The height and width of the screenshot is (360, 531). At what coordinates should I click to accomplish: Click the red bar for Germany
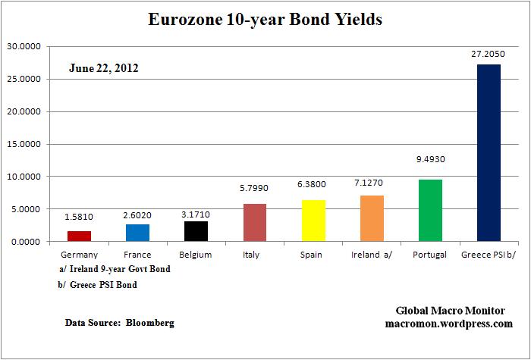pyautogui.click(x=79, y=236)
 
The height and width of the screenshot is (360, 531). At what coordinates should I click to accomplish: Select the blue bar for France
pyautogui.click(x=137, y=233)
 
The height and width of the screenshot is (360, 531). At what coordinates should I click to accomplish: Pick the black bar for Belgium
pyautogui.click(x=196, y=231)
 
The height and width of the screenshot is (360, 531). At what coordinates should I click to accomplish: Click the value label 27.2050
pyautogui.click(x=489, y=55)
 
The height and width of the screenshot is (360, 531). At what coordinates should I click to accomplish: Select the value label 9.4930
pyautogui.click(x=430, y=169)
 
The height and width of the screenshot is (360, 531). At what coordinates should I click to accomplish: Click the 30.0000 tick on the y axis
pyautogui.click(x=25, y=46)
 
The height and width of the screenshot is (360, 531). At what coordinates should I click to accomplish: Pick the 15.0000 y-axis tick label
pyautogui.click(x=25, y=144)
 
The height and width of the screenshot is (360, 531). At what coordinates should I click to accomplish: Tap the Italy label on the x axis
pyautogui.click(x=255, y=255)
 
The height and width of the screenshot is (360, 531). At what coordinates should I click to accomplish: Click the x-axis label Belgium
pyautogui.click(x=196, y=255)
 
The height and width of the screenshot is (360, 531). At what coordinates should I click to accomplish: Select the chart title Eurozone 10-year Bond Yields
pyautogui.click(x=265, y=19)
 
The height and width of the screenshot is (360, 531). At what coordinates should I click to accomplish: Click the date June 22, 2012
pyautogui.click(x=103, y=68)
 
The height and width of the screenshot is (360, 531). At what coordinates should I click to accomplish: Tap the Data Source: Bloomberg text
pyautogui.click(x=120, y=323)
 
